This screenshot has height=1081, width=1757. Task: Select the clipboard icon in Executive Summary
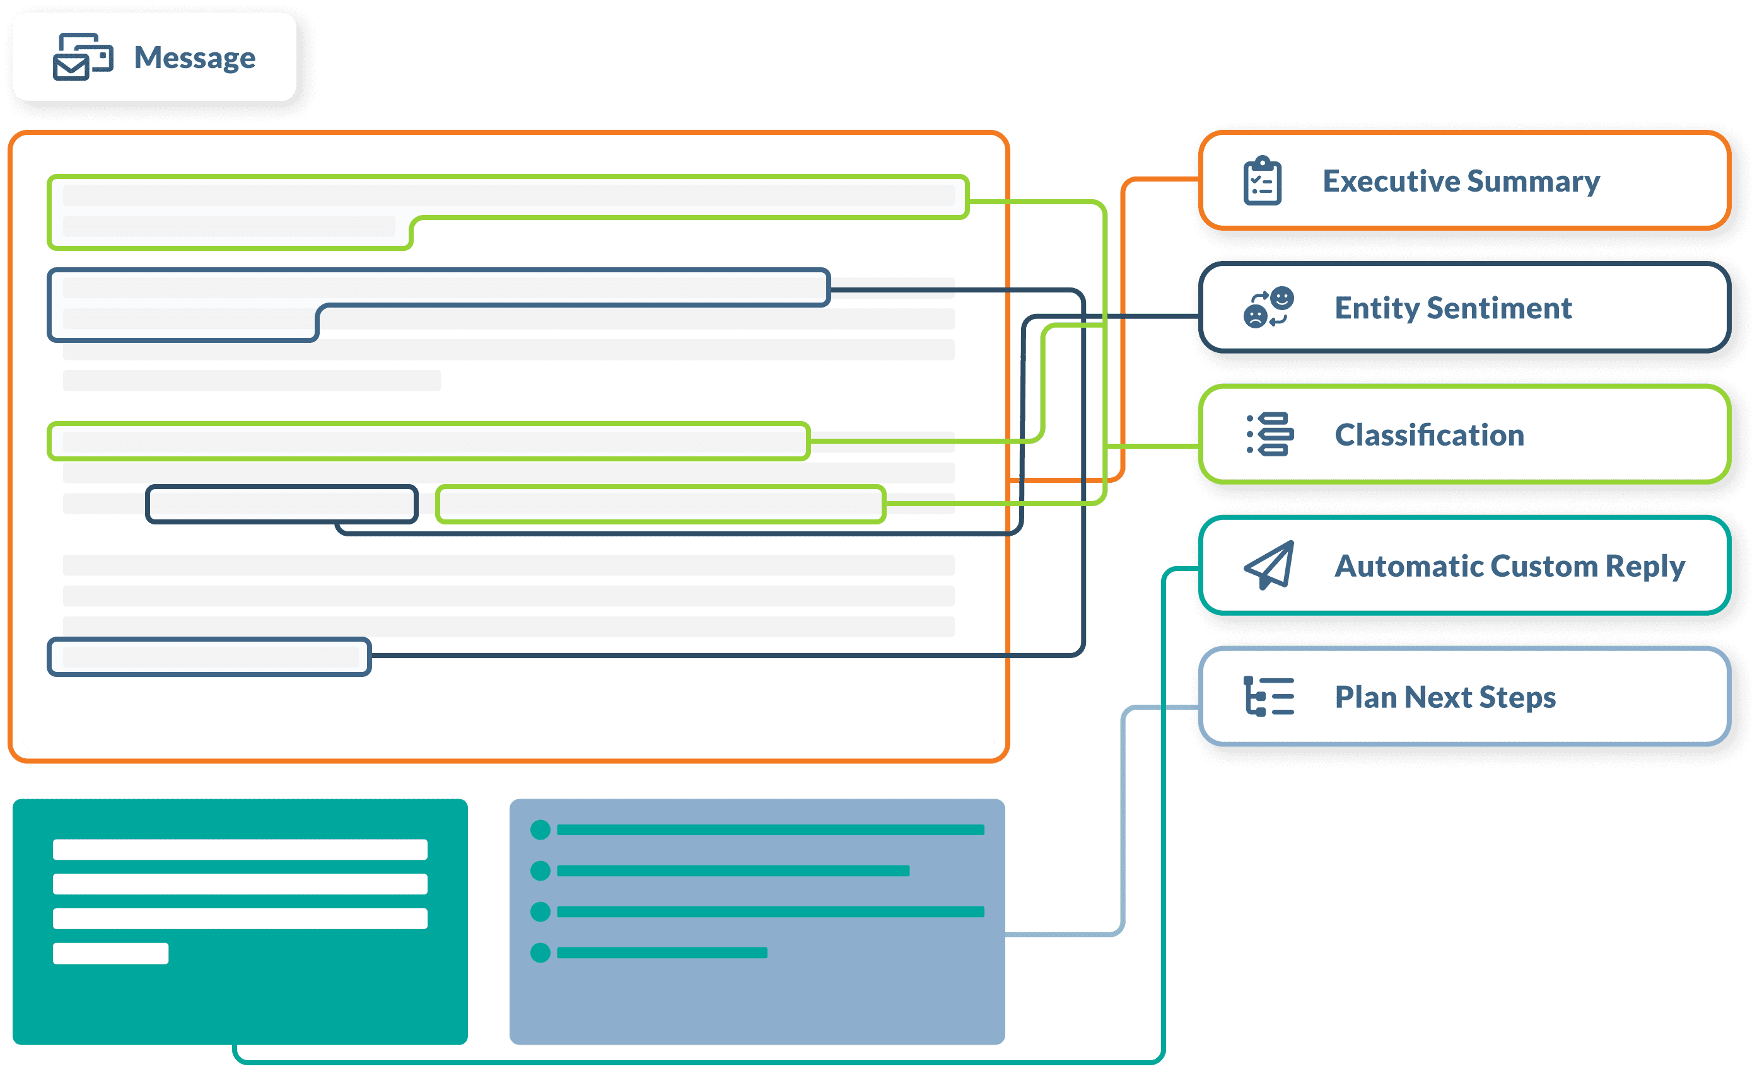1262,181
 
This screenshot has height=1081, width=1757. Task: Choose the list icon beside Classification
1270,434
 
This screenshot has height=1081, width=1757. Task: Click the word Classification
1430,435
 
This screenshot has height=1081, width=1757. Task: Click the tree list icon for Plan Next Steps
1270,697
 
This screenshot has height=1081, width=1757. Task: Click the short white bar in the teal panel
111,954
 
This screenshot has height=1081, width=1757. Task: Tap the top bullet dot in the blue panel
540,830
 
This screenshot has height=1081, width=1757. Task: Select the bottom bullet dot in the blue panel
540,953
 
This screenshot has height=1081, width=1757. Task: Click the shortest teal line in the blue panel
662,953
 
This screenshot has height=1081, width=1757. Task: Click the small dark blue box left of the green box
282,505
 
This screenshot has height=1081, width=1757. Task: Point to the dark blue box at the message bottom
209,657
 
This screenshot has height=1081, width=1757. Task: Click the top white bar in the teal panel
240,850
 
